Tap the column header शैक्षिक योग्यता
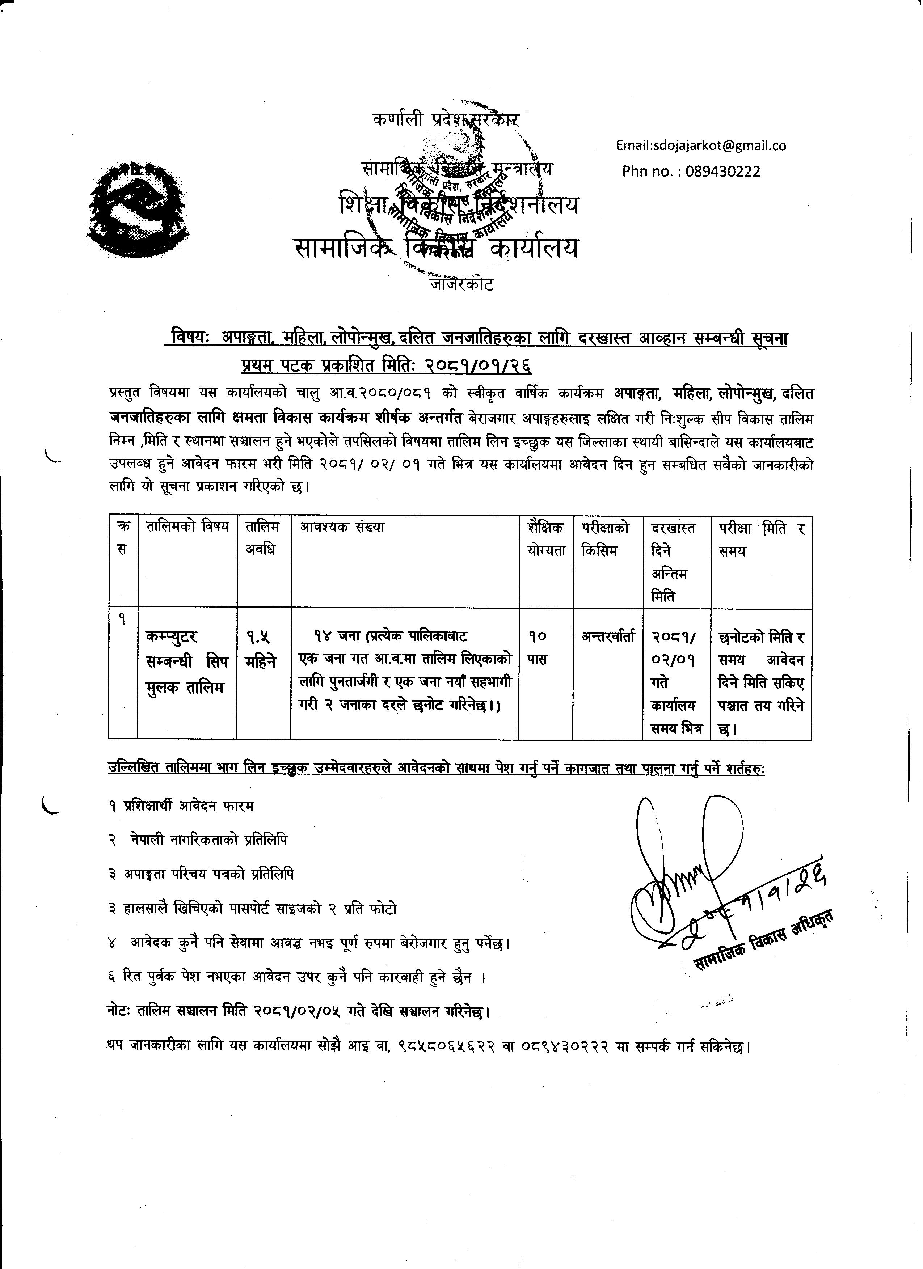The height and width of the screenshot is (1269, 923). click(546, 539)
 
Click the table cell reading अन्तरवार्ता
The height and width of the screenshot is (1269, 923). click(608, 637)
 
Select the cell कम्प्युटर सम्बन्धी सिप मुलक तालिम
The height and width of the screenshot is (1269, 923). click(187, 662)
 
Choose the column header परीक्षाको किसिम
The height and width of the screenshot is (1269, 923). click(605, 539)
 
